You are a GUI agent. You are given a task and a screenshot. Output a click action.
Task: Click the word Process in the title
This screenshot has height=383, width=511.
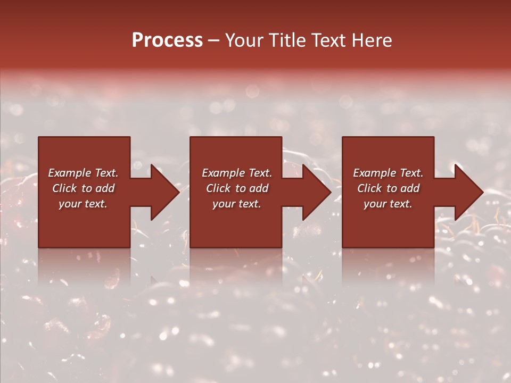[x=167, y=40]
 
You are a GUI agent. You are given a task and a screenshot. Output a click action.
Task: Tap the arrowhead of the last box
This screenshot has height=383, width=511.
[x=467, y=192]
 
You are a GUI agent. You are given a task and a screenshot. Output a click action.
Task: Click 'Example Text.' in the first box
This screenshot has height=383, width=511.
[x=83, y=173]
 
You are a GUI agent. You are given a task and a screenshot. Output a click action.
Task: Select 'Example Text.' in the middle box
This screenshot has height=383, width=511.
[x=237, y=173]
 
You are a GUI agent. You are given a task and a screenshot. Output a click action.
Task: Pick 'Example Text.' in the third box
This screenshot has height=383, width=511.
[x=388, y=173]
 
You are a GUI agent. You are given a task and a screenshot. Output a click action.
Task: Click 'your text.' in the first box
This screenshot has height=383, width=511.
[x=83, y=204]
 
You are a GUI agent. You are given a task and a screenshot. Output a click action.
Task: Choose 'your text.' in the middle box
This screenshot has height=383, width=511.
[x=237, y=204]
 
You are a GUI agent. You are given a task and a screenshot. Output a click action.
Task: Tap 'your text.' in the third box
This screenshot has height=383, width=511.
[x=388, y=204]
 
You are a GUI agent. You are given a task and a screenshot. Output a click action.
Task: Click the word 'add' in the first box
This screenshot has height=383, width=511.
[x=105, y=188]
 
